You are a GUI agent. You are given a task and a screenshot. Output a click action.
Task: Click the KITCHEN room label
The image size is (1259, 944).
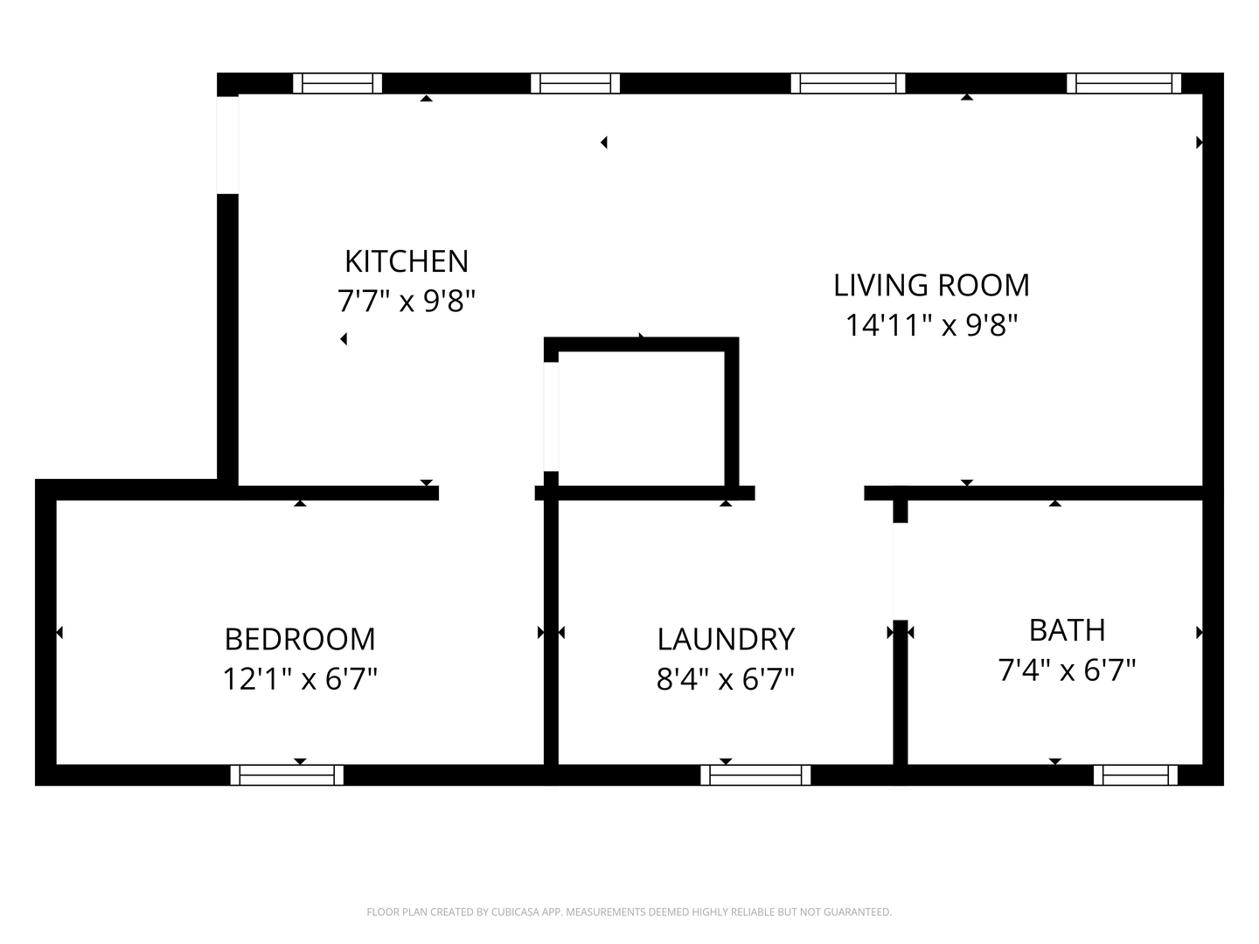point(407,261)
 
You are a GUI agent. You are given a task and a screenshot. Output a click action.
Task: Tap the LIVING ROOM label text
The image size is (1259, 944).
point(931,285)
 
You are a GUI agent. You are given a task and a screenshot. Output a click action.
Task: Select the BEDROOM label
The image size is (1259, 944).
point(300,639)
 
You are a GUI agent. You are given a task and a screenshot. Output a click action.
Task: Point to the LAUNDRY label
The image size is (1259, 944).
point(726,639)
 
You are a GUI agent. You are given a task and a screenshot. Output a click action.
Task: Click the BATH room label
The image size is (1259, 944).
point(1067,630)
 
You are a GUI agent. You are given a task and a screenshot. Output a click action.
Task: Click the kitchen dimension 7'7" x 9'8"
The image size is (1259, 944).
point(407,302)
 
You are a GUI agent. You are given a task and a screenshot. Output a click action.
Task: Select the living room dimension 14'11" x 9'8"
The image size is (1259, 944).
point(932,325)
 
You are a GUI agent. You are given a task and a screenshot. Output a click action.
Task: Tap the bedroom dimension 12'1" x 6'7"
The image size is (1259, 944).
point(300,679)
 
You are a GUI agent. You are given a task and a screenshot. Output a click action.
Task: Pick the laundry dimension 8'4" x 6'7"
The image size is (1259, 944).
point(726,679)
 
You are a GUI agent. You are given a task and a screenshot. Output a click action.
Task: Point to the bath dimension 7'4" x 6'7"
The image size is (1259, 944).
point(1067,670)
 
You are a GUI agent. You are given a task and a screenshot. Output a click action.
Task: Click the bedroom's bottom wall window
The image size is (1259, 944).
point(287,775)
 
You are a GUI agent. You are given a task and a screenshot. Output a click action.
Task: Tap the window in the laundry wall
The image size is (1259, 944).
point(755,775)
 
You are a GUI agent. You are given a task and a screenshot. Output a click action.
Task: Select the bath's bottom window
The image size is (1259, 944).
point(1136,775)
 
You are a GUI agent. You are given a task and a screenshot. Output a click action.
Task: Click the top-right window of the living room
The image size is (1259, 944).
point(1123,83)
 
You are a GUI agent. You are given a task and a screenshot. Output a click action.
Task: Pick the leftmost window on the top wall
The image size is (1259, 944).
point(337,83)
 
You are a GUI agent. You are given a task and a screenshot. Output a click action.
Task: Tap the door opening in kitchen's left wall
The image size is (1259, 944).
point(227,144)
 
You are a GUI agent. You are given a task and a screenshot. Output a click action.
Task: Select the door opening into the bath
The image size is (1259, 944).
point(900,572)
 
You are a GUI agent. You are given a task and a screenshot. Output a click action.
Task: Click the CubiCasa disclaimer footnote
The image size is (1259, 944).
point(629,913)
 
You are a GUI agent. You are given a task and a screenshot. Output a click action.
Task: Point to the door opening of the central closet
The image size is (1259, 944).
point(551,416)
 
